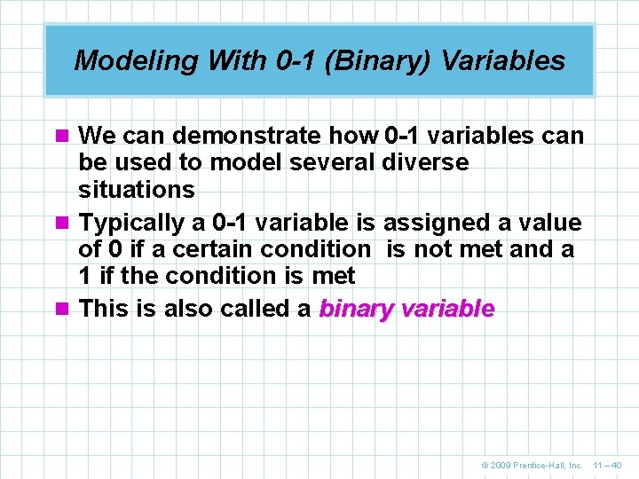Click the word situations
[x=136, y=189]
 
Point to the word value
[x=548, y=222]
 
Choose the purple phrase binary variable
[x=406, y=309]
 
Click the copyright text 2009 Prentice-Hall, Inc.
[x=532, y=465]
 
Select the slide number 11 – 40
[x=607, y=465]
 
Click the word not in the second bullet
[x=432, y=249]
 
